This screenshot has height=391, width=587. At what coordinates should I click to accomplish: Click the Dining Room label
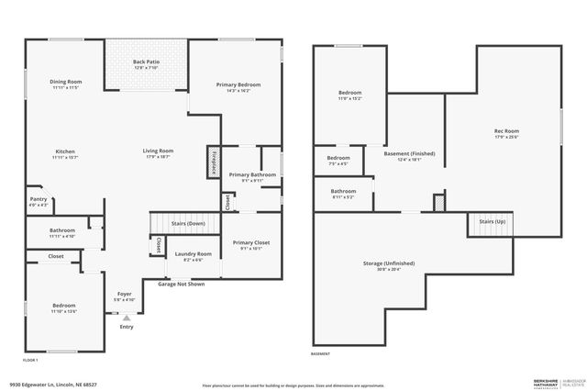(x=65, y=84)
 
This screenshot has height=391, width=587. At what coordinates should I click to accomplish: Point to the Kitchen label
(x=65, y=153)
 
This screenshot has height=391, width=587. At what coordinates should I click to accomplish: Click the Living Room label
(x=158, y=153)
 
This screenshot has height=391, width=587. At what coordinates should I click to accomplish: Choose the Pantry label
(x=39, y=201)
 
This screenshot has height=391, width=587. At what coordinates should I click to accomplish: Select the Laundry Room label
(x=194, y=256)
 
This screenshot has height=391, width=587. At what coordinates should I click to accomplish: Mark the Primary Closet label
(x=250, y=245)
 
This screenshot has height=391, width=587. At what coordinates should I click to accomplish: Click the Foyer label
(x=123, y=296)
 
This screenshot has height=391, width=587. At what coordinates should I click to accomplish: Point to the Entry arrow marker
(x=127, y=317)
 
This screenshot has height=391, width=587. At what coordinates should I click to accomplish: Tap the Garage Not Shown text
(x=181, y=284)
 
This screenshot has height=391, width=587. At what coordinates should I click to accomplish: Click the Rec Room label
(x=506, y=133)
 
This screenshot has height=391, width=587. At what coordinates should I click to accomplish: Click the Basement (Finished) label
(x=409, y=156)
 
